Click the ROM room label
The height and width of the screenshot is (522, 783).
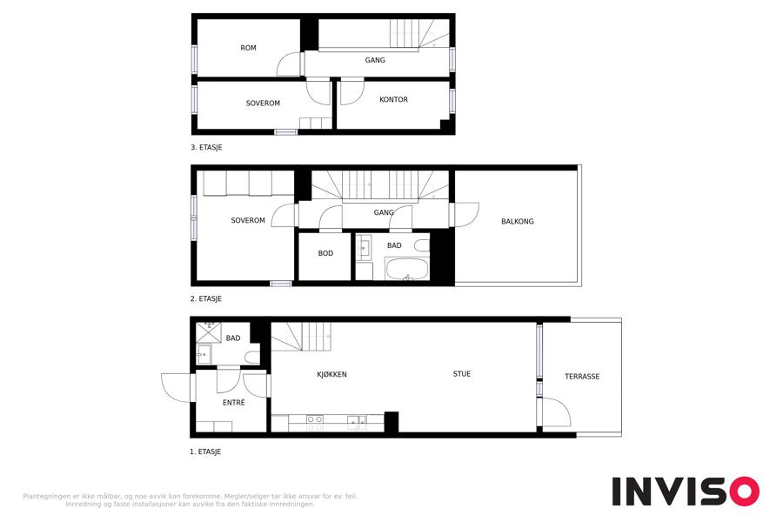(248, 48)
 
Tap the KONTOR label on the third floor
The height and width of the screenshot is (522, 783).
(393, 99)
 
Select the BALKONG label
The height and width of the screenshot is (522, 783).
(518, 221)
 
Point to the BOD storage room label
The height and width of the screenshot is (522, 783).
(325, 253)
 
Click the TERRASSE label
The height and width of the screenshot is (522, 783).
(582, 377)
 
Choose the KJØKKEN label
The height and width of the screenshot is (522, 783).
(331, 374)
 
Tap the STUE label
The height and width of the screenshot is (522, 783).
(461, 373)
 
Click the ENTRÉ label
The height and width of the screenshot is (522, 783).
(234, 402)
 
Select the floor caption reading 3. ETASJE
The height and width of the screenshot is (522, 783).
(206, 147)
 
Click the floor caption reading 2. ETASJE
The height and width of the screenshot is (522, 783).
(205, 298)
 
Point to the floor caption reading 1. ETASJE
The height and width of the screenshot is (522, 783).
(204, 452)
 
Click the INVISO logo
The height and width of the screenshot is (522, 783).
(686, 492)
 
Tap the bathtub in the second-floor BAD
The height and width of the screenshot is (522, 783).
(407, 269)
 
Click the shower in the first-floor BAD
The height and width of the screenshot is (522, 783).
(208, 332)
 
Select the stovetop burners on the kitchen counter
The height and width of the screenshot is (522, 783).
(315, 423)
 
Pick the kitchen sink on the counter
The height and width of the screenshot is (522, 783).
(357, 423)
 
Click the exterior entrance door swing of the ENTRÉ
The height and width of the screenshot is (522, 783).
(177, 388)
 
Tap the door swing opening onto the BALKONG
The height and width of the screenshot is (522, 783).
(467, 215)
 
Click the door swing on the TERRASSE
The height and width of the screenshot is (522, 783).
(556, 412)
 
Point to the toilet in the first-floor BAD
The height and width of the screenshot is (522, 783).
(252, 358)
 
